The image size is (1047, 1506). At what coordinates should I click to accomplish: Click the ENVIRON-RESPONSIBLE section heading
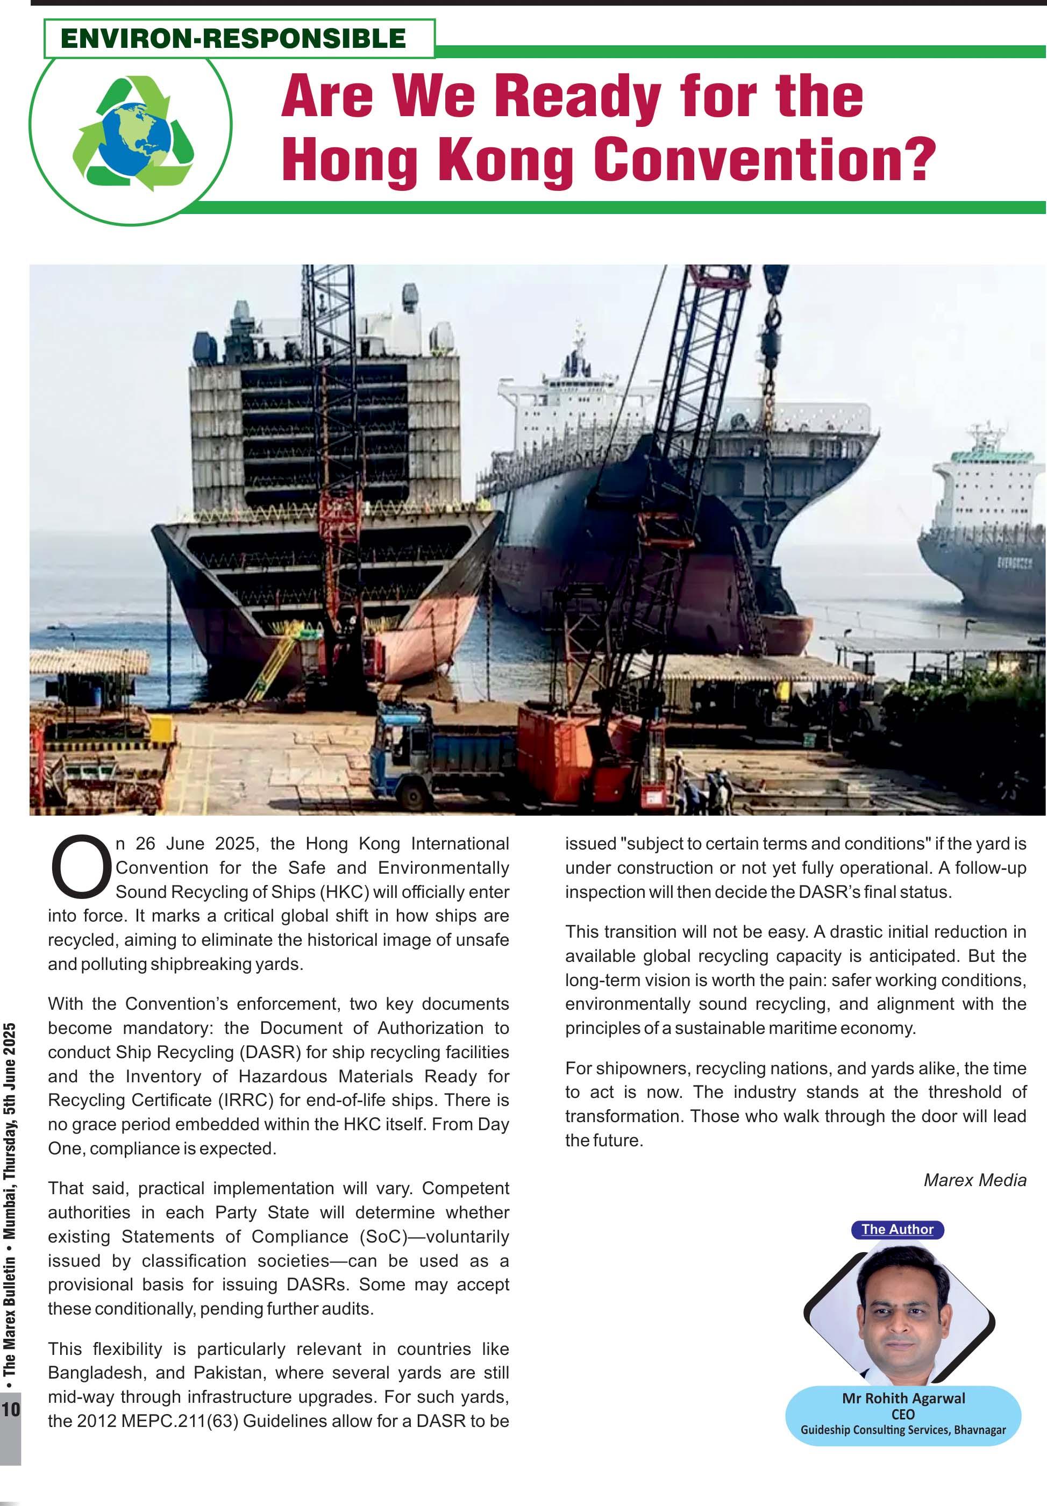[x=233, y=38]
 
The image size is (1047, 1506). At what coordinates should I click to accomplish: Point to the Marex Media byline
[x=974, y=1180]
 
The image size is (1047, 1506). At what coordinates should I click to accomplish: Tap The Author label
[x=897, y=1229]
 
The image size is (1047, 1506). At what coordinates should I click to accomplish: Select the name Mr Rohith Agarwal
[x=903, y=1398]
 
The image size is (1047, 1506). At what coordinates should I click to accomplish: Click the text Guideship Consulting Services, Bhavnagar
[x=903, y=1430]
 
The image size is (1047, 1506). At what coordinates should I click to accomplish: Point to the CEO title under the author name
[x=903, y=1414]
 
